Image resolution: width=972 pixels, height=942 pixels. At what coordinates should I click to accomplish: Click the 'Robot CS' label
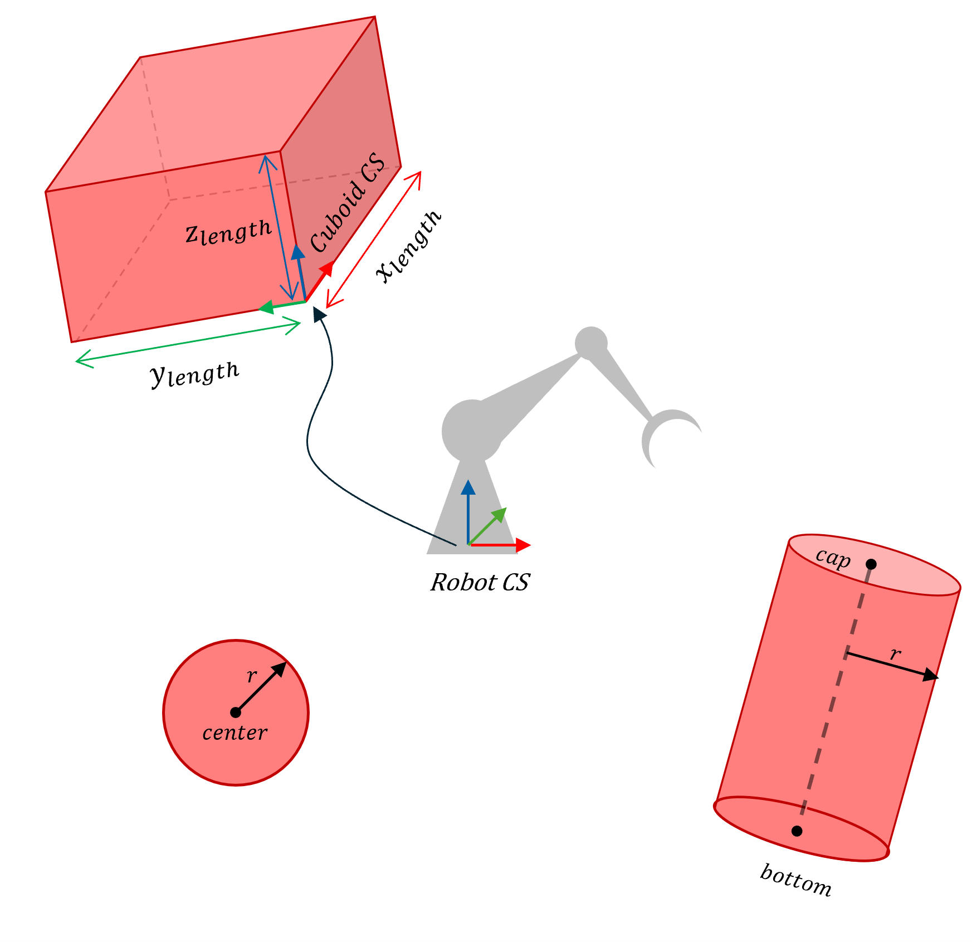click(480, 582)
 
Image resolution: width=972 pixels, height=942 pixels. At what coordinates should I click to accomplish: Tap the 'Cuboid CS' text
click(347, 202)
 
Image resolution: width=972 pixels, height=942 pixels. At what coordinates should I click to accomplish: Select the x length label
click(409, 246)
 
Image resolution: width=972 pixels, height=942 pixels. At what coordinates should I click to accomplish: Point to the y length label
click(195, 374)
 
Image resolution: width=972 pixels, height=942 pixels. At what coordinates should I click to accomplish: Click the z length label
click(228, 232)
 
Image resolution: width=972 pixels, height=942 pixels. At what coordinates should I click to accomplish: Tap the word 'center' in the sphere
click(235, 733)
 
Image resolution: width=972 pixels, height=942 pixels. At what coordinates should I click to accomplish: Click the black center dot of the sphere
click(236, 712)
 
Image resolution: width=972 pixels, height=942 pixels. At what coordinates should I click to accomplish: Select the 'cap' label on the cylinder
click(833, 558)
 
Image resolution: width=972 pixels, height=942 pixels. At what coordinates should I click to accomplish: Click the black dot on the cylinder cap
click(871, 564)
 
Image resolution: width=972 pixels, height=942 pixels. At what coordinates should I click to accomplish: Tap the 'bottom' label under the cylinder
click(796, 880)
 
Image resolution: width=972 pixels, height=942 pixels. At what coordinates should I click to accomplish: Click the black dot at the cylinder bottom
click(797, 831)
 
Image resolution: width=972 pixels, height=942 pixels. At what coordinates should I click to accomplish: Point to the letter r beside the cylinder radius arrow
click(895, 653)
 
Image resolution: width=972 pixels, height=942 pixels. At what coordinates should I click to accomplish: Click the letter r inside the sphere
click(252, 676)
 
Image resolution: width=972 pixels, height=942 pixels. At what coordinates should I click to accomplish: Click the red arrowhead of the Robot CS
click(523, 545)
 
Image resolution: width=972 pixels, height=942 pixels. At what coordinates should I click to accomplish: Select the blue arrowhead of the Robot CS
click(468, 487)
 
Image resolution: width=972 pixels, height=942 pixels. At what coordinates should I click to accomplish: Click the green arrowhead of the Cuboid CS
click(265, 307)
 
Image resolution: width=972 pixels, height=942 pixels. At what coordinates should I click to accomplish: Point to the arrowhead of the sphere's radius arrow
click(280, 668)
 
